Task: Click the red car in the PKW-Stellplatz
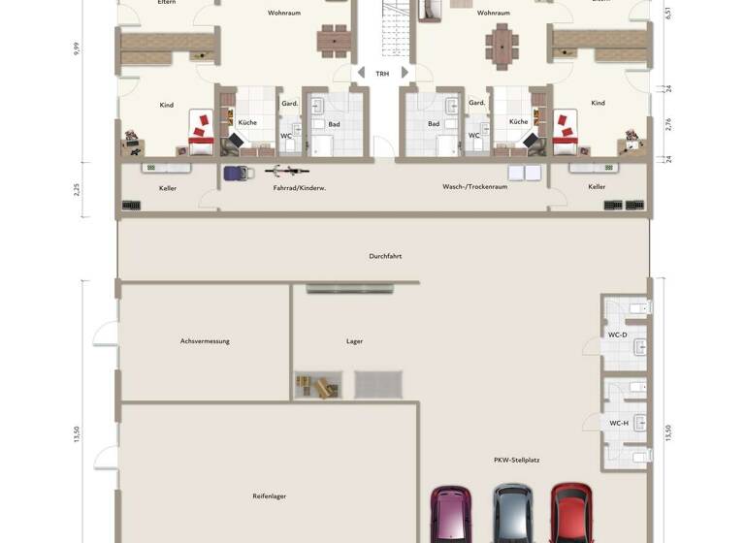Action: [571, 514]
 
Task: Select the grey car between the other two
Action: [512, 514]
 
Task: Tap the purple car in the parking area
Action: [451, 514]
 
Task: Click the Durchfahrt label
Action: [385, 256]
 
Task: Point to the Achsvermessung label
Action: [205, 341]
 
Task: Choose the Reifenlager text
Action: [269, 495]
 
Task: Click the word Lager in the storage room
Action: [354, 341]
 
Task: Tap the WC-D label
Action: [617, 335]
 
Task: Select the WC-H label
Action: [618, 423]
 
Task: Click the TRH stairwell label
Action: [382, 74]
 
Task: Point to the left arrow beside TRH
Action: [361, 73]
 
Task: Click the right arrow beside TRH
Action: [405, 73]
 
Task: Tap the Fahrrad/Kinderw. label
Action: [299, 187]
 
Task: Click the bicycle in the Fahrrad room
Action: [288, 173]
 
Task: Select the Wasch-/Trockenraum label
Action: [474, 186]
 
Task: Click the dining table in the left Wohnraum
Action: [333, 40]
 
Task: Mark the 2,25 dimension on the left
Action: [77, 189]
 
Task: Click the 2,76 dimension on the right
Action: [668, 124]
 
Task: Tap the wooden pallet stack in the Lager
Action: [317, 385]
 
